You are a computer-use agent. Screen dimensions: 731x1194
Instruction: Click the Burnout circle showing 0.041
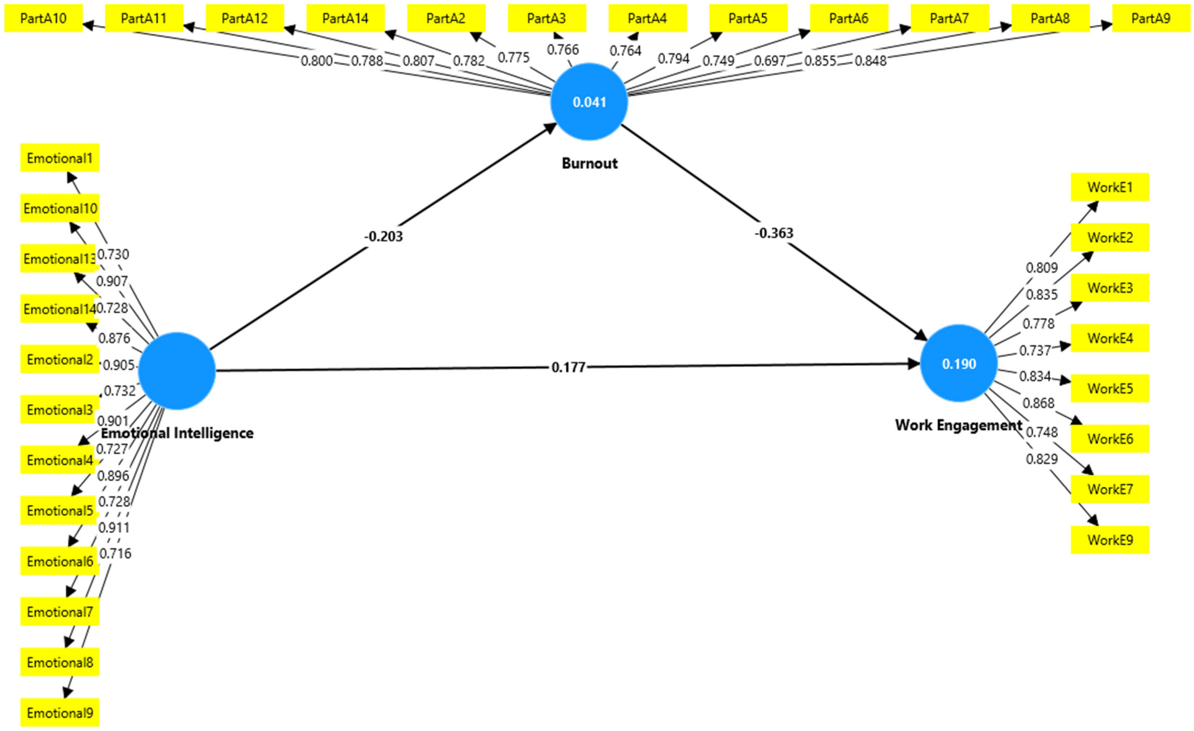(x=589, y=102)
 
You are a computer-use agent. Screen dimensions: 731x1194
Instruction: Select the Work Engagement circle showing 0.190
(x=959, y=363)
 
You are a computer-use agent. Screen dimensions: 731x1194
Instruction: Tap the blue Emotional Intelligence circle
(x=177, y=371)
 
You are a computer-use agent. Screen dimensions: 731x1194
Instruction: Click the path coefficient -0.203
(x=383, y=236)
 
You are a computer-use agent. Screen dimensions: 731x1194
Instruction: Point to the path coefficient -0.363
(x=774, y=233)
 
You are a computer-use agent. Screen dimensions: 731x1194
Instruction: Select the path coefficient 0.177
(x=568, y=367)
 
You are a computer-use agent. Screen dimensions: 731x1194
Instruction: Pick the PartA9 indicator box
(x=1150, y=19)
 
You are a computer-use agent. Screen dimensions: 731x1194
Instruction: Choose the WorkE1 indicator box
(x=1110, y=187)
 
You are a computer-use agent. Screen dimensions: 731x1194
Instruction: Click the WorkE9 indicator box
(x=1110, y=540)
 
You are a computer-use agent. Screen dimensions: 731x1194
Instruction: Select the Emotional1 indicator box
(x=60, y=158)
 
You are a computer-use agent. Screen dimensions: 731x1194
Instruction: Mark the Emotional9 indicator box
(x=60, y=712)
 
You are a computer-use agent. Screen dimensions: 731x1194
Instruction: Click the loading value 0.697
(x=769, y=61)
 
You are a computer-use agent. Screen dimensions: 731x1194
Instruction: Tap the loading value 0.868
(x=1038, y=403)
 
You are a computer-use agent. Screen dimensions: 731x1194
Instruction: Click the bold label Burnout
(x=589, y=163)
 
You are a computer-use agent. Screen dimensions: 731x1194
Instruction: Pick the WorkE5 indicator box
(x=1110, y=388)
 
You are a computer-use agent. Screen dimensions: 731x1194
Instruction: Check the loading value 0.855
(x=820, y=61)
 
